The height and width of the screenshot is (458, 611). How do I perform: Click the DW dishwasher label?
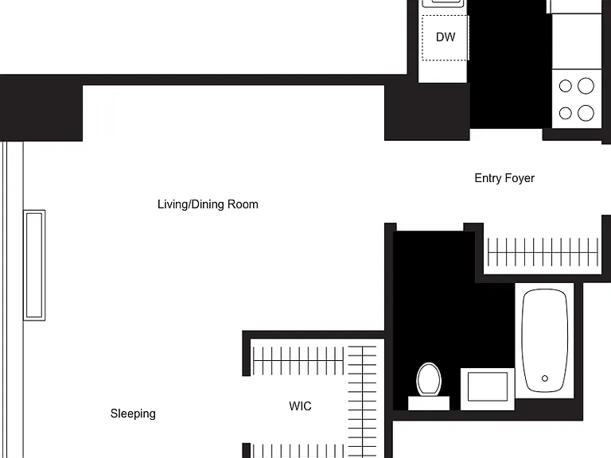click(x=446, y=37)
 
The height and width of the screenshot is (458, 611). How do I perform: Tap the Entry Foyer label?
click(x=504, y=178)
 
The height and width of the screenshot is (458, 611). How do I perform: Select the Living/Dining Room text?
click(x=208, y=204)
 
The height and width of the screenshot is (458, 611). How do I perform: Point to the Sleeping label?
click(x=133, y=413)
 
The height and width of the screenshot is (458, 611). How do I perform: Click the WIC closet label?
click(x=300, y=406)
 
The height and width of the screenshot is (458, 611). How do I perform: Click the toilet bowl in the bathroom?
click(x=429, y=379)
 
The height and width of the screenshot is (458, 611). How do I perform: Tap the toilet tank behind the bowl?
click(x=429, y=403)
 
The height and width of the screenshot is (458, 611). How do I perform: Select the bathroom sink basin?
click(x=488, y=386)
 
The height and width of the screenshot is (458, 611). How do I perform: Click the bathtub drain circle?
click(x=545, y=378)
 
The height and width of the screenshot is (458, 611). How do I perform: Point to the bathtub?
click(x=545, y=340)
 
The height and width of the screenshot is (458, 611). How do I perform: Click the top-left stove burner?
click(x=565, y=86)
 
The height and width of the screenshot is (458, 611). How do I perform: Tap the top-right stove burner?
click(x=586, y=86)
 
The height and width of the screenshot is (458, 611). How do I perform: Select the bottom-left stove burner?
click(x=565, y=114)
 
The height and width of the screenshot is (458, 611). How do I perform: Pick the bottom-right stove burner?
click(x=586, y=114)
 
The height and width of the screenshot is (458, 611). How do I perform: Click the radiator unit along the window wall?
click(x=34, y=266)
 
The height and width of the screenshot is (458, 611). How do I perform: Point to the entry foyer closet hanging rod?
click(x=543, y=253)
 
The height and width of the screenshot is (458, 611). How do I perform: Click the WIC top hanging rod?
click(x=298, y=361)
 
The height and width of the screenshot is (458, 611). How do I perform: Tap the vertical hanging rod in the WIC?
click(x=363, y=402)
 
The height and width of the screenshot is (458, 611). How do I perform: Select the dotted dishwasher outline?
click(x=445, y=38)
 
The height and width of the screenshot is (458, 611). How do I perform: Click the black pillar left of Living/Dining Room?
click(x=41, y=108)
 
